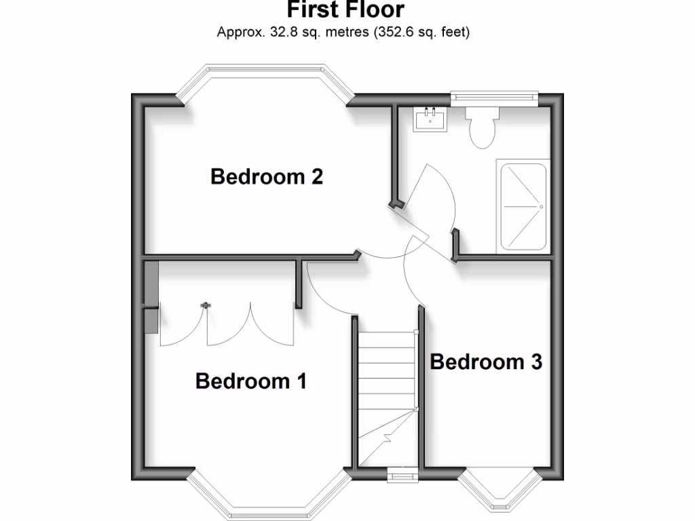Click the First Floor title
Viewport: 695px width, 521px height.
click(x=345, y=10)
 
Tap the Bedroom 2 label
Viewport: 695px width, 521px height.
click(x=266, y=176)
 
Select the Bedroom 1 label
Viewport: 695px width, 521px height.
click(x=250, y=381)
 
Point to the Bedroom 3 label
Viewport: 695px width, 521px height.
click(x=486, y=362)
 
